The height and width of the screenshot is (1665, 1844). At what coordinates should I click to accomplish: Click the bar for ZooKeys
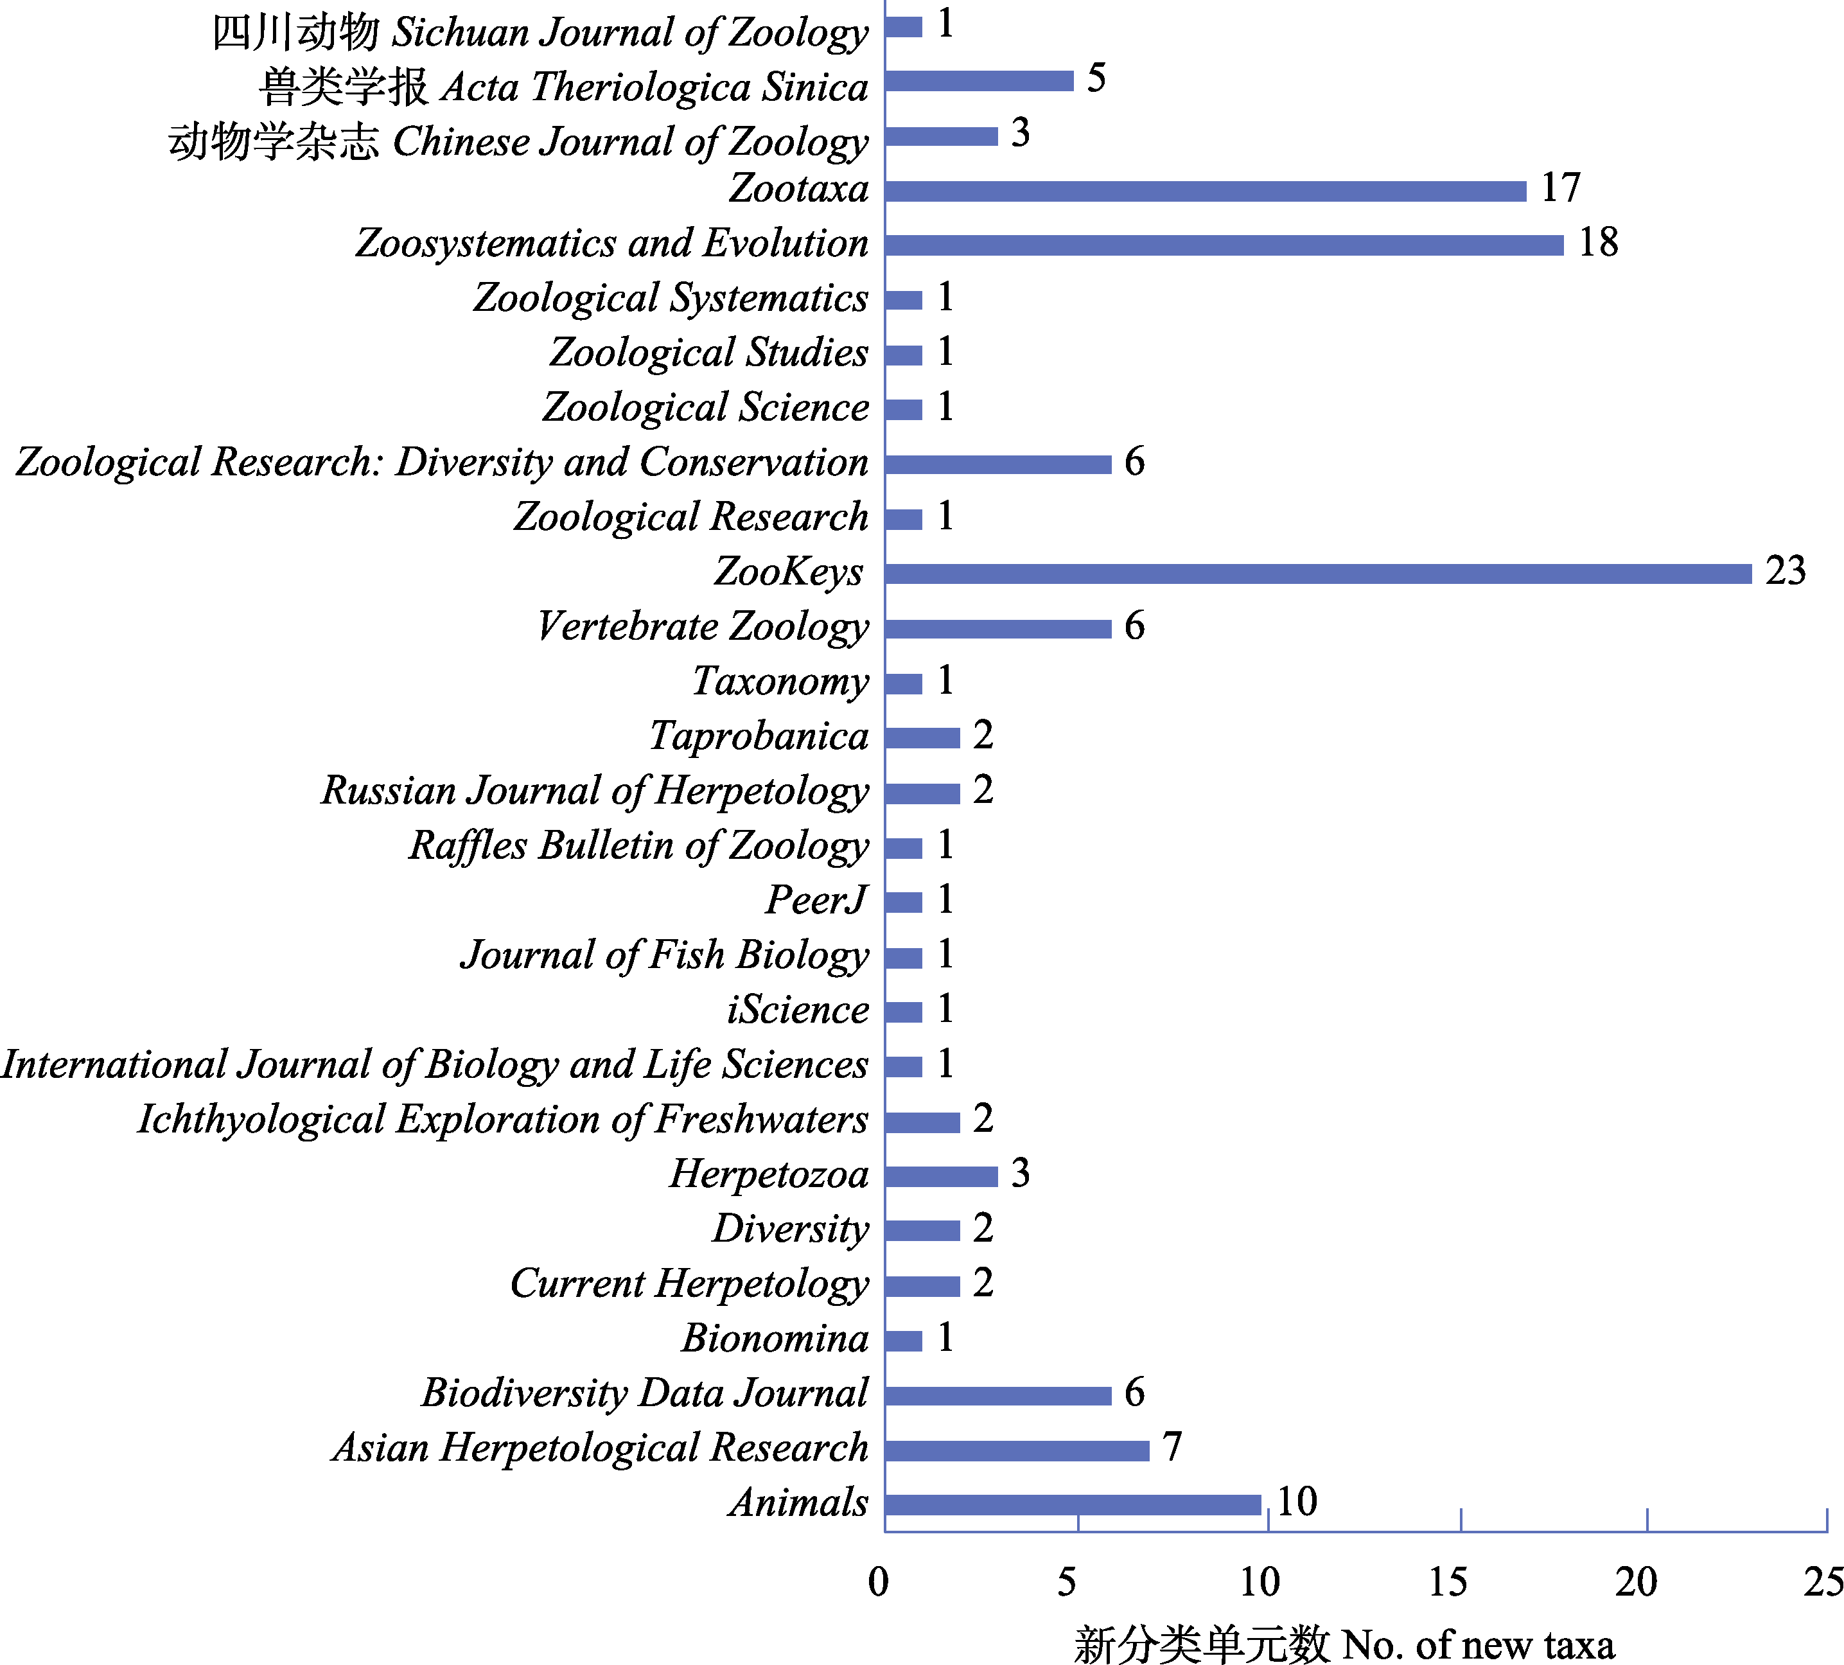point(1317,574)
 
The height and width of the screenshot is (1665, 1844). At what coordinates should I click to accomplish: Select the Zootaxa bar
point(1206,191)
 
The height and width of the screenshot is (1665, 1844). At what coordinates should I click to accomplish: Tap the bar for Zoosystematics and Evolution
point(1224,245)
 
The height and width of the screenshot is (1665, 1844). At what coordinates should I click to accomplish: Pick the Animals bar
point(1073,1505)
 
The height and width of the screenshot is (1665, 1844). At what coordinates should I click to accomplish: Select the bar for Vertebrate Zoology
point(998,628)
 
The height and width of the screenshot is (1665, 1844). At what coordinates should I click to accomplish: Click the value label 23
point(1786,571)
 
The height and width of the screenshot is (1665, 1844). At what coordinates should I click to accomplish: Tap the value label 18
point(1598,242)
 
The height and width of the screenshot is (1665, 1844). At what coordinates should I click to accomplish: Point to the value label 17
point(1561,188)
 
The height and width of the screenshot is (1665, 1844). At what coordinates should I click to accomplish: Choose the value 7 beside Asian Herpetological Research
point(1172,1447)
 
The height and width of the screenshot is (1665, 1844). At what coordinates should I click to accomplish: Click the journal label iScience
point(798,1010)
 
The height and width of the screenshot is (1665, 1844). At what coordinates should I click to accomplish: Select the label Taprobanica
point(759,736)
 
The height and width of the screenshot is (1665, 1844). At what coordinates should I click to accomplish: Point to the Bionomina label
point(775,1339)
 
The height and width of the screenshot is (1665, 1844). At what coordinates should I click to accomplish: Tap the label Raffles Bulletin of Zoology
point(638,846)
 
